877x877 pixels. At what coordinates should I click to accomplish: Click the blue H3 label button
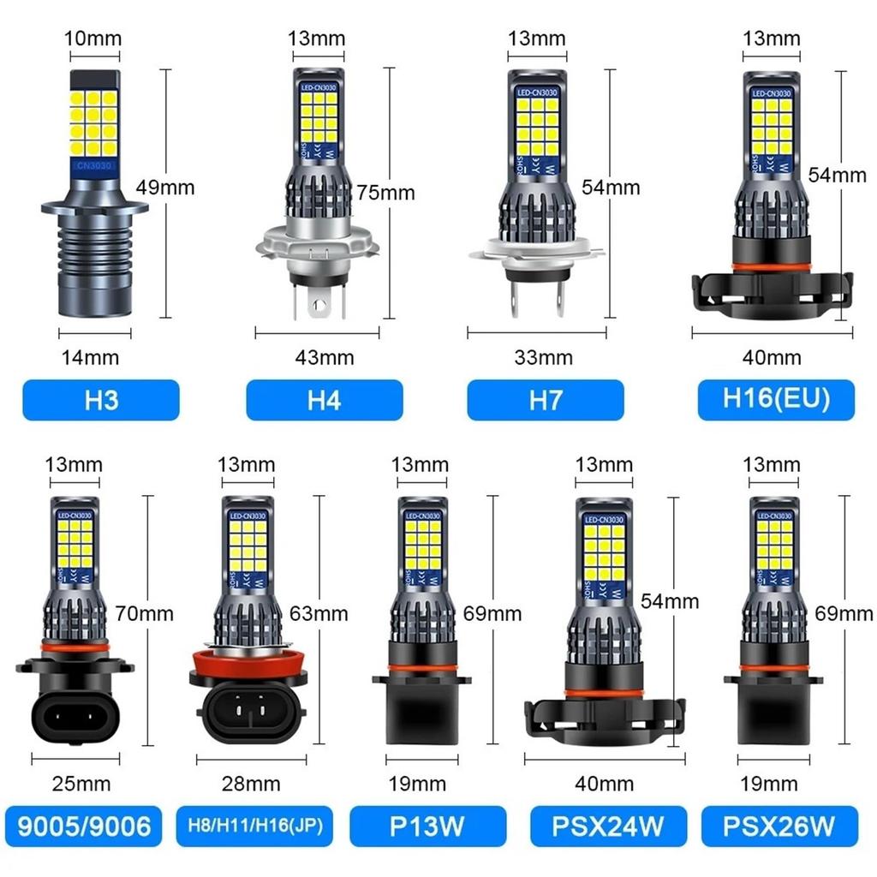click(x=101, y=400)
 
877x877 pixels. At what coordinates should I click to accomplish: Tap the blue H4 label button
click(x=324, y=400)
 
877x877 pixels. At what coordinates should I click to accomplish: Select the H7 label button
click(x=545, y=400)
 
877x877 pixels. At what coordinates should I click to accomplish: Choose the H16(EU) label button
click(x=776, y=400)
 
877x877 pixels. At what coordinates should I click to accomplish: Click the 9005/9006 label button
click(x=83, y=826)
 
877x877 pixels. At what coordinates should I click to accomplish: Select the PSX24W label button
click(x=608, y=826)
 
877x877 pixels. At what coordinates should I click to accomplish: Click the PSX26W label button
click(x=779, y=826)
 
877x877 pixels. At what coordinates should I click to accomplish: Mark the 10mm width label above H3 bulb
click(x=93, y=39)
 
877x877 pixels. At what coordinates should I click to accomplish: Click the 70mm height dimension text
click(x=145, y=613)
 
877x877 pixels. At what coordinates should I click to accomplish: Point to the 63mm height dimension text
click(x=319, y=613)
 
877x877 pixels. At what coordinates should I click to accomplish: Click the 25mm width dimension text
click(x=82, y=783)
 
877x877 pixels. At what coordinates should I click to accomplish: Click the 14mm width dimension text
click(x=91, y=357)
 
